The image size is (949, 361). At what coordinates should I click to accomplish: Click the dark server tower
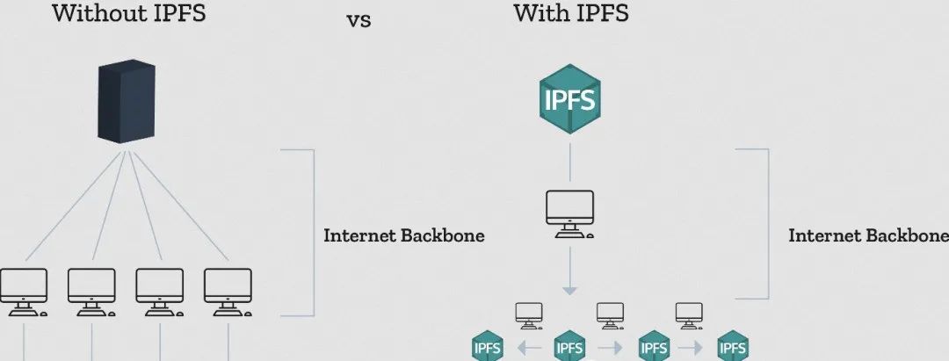(x=126, y=101)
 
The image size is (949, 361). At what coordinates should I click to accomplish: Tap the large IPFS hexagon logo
(x=570, y=100)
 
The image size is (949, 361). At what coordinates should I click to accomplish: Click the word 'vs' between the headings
(x=359, y=20)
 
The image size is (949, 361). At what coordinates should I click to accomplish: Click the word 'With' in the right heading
(x=541, y=12)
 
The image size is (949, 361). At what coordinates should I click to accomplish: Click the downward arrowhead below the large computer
(x=570, y=291)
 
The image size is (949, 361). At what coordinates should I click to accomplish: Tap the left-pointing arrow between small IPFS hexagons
(x=530, y=348)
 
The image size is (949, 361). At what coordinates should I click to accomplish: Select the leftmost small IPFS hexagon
(x=488, y=346)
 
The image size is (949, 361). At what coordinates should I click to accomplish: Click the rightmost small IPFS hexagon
(x=733, y=346)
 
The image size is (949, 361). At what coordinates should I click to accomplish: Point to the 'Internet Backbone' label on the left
(x=404, y=235)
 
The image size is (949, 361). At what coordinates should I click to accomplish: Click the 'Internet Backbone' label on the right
(x=868, y=235)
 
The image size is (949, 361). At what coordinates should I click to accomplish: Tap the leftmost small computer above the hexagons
(x=529, y=315)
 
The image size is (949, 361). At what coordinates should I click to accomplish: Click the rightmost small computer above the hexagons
(x=690, y=315)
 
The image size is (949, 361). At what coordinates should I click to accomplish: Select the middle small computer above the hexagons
(x=610, y=315)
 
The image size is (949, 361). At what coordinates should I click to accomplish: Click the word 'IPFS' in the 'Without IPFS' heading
(x=176, y=12)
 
